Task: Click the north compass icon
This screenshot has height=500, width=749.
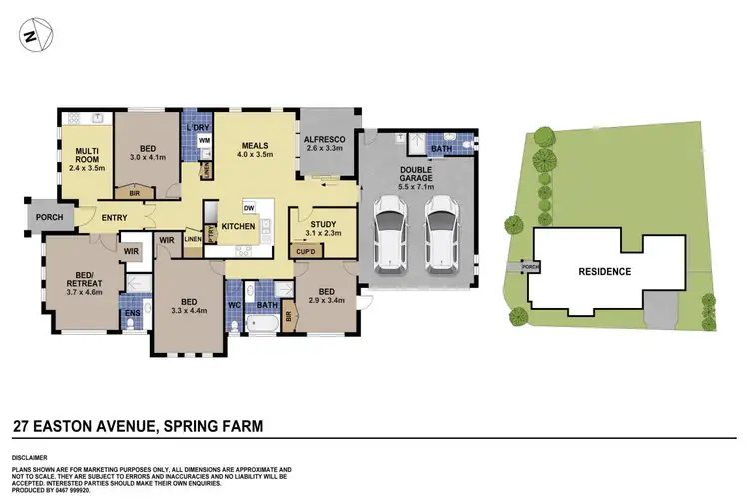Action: click(x=30, y=36)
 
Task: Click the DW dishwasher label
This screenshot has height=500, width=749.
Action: click(x=247, y=207)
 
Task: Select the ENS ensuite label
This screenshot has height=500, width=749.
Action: click(x=131, y=313)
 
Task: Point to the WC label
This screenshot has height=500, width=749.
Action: click(x=235, y=304)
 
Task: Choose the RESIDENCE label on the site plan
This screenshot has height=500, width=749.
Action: click(x=605, y=271)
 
